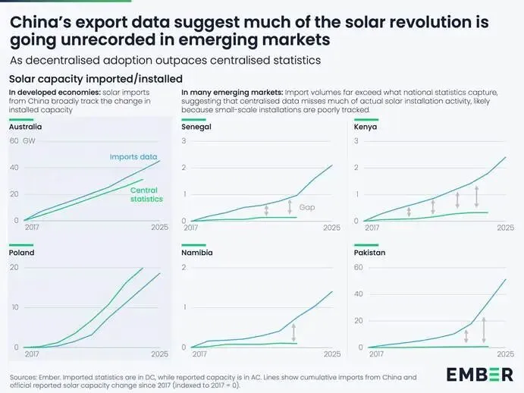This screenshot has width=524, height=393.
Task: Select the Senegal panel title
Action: coord(196,127)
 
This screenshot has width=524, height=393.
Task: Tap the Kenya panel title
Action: coord(366,127)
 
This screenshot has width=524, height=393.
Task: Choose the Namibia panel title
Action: coord(196,253)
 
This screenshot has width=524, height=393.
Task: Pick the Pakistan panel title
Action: coord(369,253)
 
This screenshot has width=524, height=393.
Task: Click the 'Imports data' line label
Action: coord(133,157)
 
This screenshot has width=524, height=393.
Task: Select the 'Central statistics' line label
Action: coord(146,194)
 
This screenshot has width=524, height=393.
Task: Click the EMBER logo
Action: coord(478,374)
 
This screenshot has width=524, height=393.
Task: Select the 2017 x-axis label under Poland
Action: coord(33,354)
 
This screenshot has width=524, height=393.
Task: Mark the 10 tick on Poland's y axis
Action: coord(14,307)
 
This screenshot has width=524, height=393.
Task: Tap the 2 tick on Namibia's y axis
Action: coord(184,268)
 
